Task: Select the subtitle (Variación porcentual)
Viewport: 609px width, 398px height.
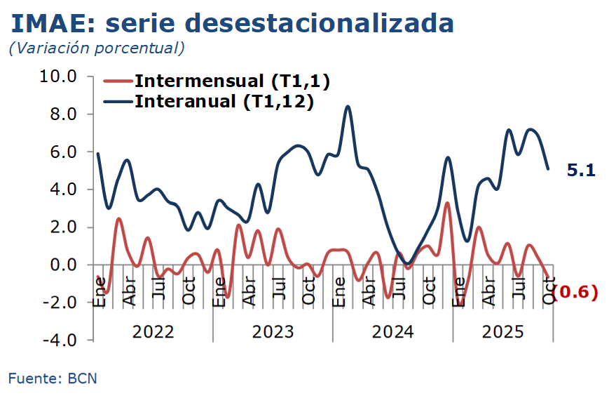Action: [96, 48]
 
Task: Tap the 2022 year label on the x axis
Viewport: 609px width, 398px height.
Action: [153, 331]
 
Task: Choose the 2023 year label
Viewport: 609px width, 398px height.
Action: [273, 331]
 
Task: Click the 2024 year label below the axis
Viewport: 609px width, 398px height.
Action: [392, 331]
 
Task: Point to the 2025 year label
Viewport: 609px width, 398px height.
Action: [502, 331]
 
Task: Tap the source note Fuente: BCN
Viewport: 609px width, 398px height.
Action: [53, 378]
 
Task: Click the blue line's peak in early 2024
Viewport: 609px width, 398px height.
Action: [348, 107]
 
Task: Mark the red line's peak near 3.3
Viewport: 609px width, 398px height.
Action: [447, 203]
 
